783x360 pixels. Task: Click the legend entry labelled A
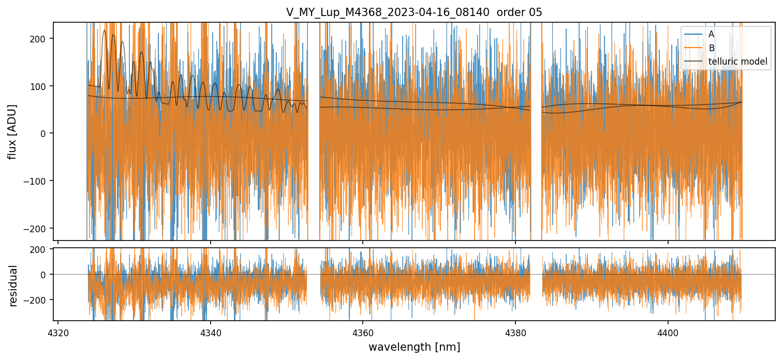[x=711, y=34]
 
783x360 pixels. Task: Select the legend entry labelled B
[x=711, y=48]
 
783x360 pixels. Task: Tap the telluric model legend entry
[x=737, y=62]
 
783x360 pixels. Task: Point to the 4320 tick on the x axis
[x=58, y=332]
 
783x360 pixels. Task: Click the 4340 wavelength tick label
[x=211, y=332]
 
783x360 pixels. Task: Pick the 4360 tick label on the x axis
[x=363, y=332]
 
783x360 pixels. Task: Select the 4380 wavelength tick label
[x=515, y=332]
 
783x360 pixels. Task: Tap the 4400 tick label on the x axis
[x=668, y=332]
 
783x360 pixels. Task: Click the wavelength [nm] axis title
[x=414, y=347]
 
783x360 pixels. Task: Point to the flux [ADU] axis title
[x=12, y=131]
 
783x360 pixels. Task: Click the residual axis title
[x=13, y=286]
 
